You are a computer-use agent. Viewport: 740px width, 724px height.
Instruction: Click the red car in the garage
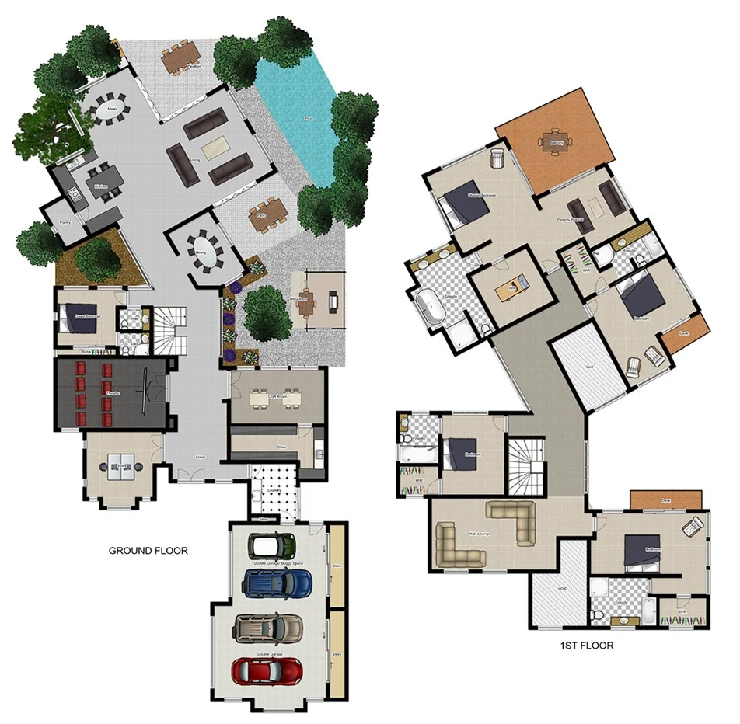tap(267, 670)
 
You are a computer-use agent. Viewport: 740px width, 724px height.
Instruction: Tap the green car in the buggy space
tap(269, 545)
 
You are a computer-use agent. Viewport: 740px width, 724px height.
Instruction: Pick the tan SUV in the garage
tap(269, 627)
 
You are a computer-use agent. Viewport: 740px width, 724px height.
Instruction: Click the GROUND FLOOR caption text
tap(148, 551)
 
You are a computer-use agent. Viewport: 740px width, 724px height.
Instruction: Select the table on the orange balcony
tap(555, 142)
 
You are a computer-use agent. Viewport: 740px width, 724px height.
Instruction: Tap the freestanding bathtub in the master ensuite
tap(429, 305)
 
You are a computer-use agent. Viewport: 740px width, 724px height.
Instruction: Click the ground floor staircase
tap(169, 329)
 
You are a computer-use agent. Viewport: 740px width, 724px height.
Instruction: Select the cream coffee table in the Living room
tap(215, 147)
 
